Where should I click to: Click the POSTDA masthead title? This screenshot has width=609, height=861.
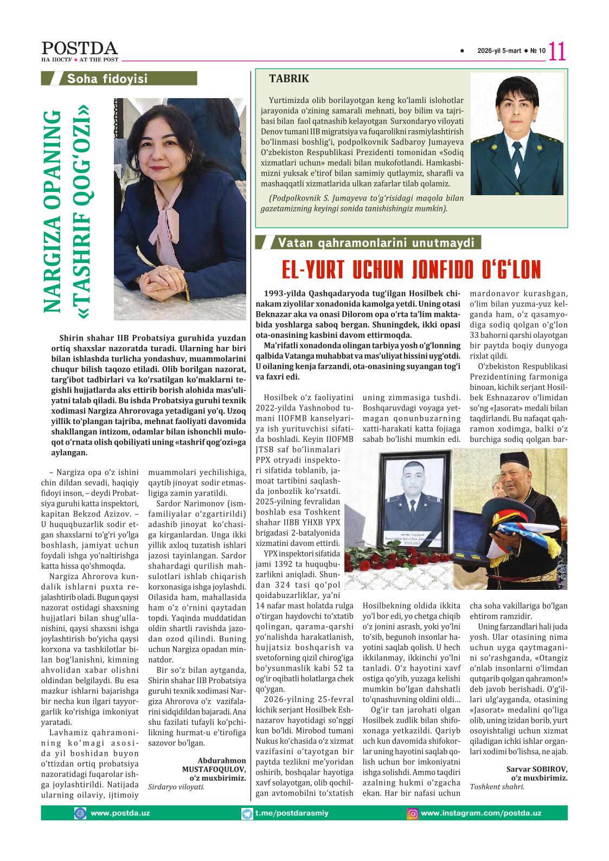[79, 48]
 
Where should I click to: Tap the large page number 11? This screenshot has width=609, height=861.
[557, 52]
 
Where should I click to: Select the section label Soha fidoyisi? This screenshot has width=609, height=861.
[107, 79]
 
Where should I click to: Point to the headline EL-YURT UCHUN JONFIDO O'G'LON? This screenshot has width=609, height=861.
[412, 269]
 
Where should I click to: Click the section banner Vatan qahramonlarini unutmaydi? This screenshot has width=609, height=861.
[376, 243]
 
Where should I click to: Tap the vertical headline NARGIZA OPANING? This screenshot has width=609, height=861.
[53, 211]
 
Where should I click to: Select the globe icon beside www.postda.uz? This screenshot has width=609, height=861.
[80, 813]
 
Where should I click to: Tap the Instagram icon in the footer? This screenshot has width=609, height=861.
[413, 813]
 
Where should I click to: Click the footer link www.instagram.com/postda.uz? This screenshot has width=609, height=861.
[481, 813]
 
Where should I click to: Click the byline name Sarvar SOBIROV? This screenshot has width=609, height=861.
[536, 769]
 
